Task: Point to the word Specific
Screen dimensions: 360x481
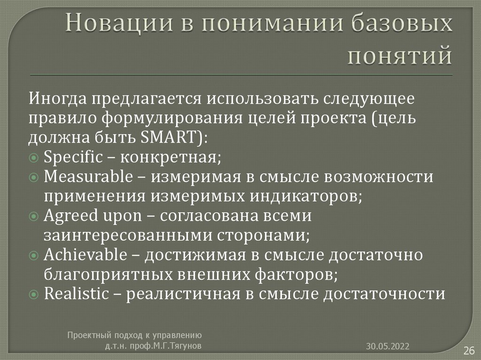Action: pyautogui.click(x=73, y=157)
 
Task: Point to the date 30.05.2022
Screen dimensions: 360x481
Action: pyautogui.click(x=388, y=346)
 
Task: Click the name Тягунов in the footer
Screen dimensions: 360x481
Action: pyautogui.click(x=188, y=345)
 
